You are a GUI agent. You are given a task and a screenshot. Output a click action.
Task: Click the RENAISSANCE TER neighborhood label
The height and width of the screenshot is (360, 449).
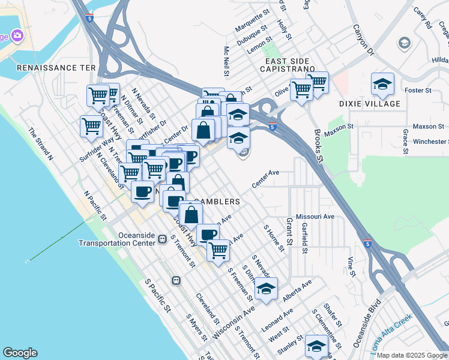56,68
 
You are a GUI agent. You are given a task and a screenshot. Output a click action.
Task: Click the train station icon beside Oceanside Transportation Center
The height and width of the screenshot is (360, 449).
162,239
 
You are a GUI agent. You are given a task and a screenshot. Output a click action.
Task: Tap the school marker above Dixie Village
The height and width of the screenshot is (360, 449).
382,85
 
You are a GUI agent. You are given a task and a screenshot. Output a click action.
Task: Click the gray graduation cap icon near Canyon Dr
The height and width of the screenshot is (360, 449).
404,43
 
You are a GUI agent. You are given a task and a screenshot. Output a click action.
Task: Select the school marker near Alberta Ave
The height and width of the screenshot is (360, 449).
266,289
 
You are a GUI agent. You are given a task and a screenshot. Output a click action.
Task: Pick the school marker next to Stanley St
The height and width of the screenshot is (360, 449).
316,346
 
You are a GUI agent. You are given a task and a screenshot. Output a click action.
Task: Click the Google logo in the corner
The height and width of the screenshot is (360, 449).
20,353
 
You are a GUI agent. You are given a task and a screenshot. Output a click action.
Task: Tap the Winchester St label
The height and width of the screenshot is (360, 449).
426,142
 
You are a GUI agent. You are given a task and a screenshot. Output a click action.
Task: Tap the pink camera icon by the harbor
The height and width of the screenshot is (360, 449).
17,35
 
